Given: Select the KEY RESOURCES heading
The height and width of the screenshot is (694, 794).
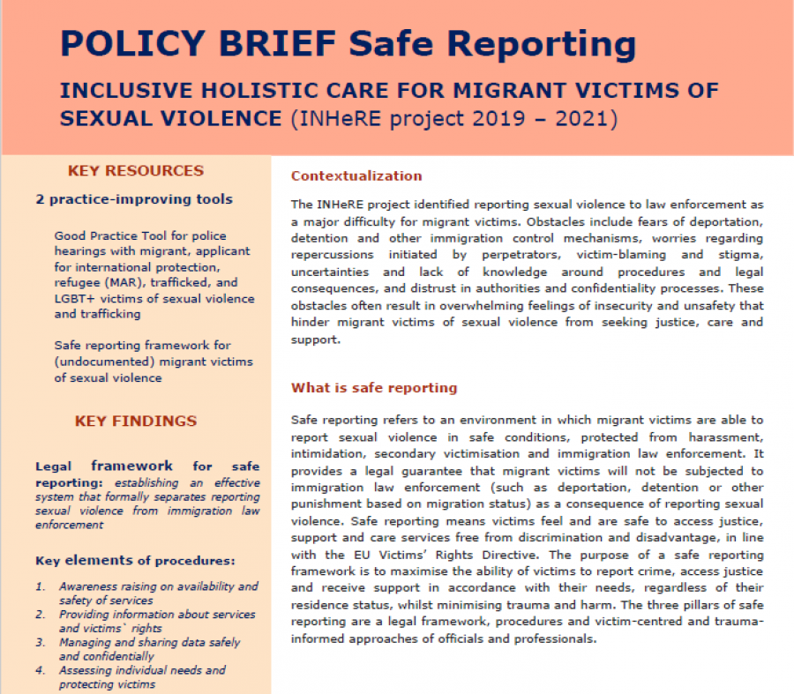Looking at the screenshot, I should pyautogui.click(x=136, y=171).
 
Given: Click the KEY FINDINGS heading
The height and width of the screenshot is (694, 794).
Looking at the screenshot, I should pyautogui.click(x=136, y=422).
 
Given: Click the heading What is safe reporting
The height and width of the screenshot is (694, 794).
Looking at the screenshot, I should pyautogui.click(x=374, y=387).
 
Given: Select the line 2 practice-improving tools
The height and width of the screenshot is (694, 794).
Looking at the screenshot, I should pyautogui.click(x=134, y=198).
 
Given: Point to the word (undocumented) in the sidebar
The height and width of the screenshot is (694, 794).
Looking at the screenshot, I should pyautogui.click(x=102, y=362).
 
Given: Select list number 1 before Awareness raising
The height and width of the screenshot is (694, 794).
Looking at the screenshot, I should pyautogui.click(x=40, y=586).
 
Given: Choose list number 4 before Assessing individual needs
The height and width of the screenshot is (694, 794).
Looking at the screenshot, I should pyautogui.click(x=40, y=671).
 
